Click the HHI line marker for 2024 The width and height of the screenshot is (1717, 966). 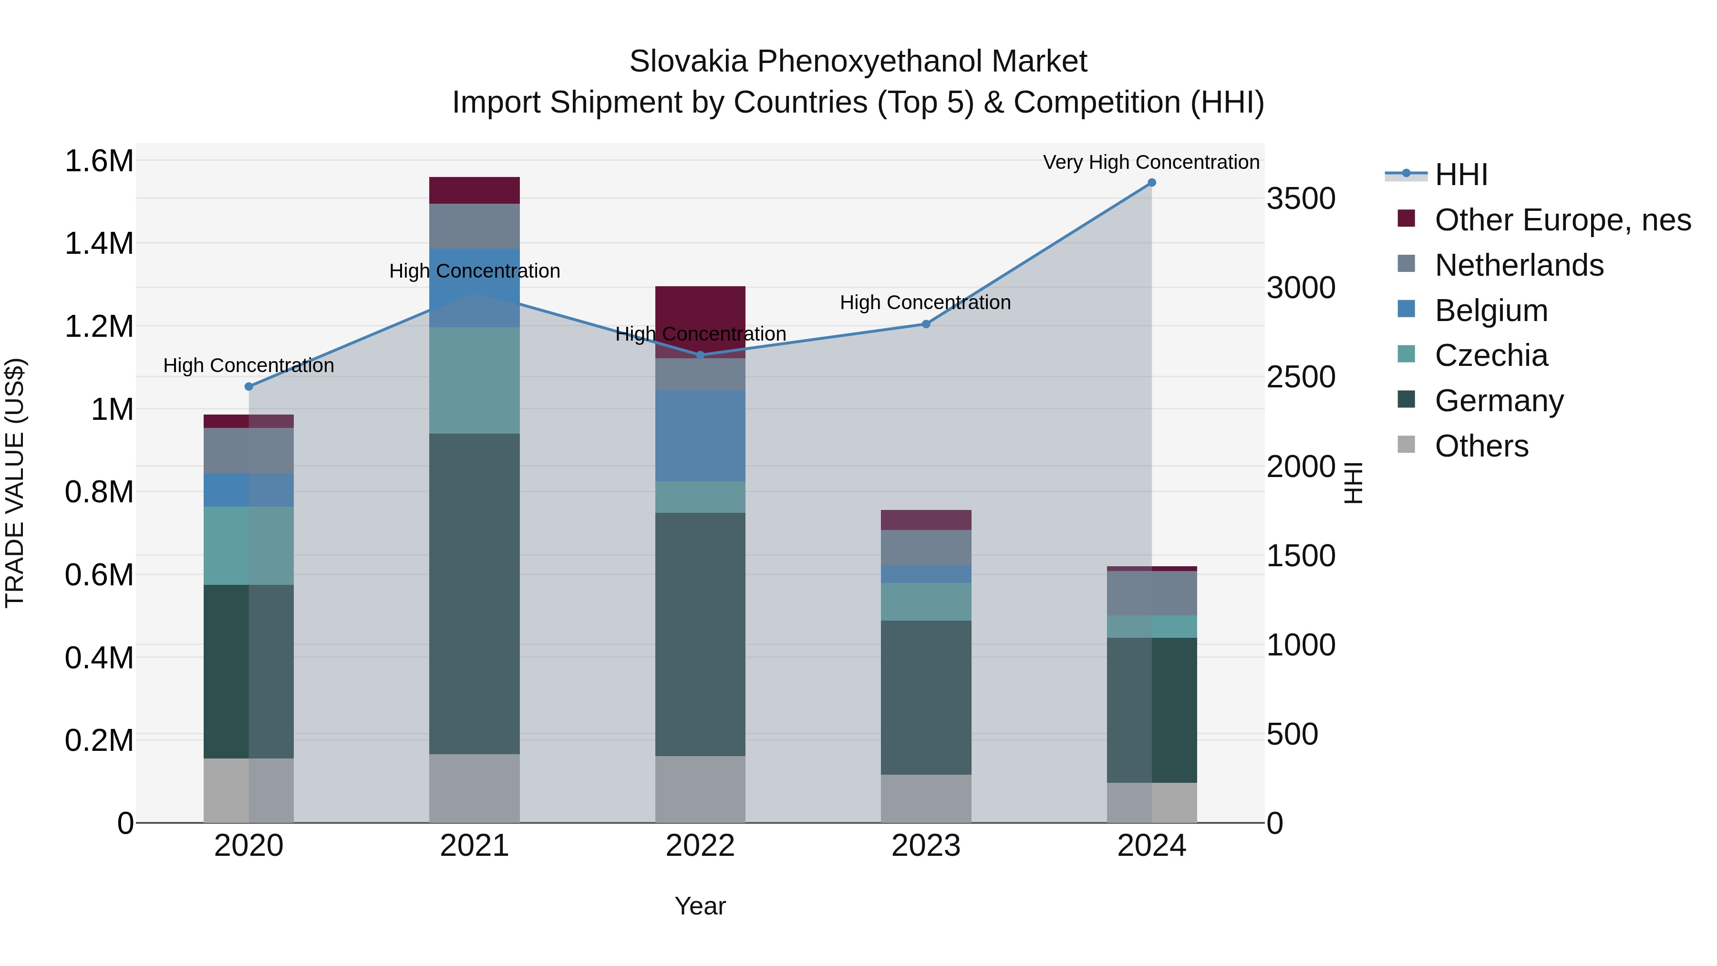pos(1151,183)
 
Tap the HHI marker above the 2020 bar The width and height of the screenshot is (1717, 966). pos(248,387)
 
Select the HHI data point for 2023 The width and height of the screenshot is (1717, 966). pos(926,324)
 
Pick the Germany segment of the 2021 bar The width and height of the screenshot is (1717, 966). pos(474,593)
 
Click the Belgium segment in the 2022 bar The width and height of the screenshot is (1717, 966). pos(700,436)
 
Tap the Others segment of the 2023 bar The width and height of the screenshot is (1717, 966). pos(926,798)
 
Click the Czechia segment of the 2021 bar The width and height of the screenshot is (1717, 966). pos(474,380)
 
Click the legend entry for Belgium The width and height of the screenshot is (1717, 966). pos(1491,311)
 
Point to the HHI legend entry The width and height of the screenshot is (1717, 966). pos(1460,175)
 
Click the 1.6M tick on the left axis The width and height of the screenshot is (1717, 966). pos(99,161)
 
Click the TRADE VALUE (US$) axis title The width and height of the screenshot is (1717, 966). pos(15,483)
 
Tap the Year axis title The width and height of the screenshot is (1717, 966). pos(700,906)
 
